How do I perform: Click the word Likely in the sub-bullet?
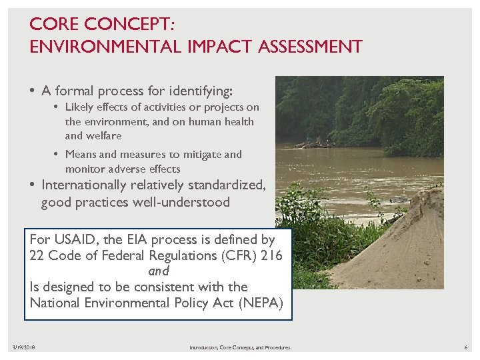click(x=81, y=107)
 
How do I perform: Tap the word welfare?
click(x=103, y=135)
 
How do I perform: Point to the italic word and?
click(x=159, y=271)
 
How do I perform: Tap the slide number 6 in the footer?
click(x=466, y=347)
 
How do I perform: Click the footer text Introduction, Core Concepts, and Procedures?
click(x=239, y=347)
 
